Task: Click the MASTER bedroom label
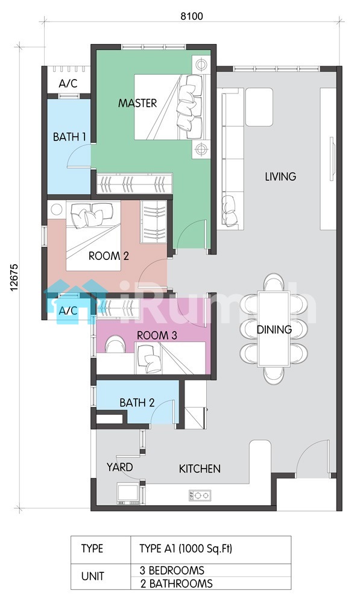point(137,103)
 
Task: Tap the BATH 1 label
point(69,136)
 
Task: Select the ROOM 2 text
point(109,256)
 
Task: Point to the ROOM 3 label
point(157,335)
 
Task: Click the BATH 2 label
point(137,403)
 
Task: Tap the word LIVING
point(280,177)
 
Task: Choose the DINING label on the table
point(274,329)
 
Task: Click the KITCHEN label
point(200,469)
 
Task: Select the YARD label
point(119,467)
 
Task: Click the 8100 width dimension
point(192,16)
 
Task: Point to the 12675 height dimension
point(14,277)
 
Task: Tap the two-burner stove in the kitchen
point(200,495)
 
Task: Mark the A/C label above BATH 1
point(68,83)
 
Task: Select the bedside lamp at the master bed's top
point(201,65)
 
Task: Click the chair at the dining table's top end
point(274,282)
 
